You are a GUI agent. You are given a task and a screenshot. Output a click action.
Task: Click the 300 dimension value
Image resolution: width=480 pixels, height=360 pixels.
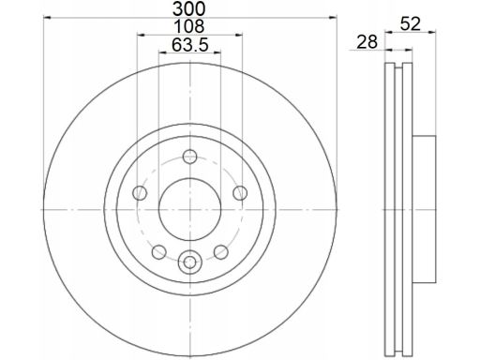pyautogui.click(x=189, y=8)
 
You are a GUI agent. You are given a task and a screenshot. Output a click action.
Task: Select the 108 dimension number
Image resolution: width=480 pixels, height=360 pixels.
pyautogui.click(x=189, y=26)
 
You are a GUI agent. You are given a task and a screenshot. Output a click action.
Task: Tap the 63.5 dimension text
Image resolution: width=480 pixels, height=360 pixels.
pyautogui.click(x=189, y=45)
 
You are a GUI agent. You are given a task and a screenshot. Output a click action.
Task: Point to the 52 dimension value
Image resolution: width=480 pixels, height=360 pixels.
pyautogui.click(x=411, y=24)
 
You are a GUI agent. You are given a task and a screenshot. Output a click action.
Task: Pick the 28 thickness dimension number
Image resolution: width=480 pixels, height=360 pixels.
pyautogui.click(x=367, y=42)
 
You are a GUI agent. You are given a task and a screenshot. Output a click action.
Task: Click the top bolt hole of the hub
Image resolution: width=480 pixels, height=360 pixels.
pyautogui.click(x=189, y=157)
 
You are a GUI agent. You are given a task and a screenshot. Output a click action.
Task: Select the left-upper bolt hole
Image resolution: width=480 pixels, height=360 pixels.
pyautogui.click(x=140, y=192)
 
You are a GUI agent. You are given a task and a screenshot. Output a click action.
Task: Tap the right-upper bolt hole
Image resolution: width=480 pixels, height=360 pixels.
pyautogui.click(x=240, y=192)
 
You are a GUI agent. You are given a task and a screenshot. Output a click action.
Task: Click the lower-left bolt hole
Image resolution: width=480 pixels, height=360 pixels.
pyautogui.click(x=158, y=252)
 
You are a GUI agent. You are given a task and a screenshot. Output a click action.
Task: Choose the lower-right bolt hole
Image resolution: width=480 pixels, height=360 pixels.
pyautogui.click(x=221, y=252)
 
